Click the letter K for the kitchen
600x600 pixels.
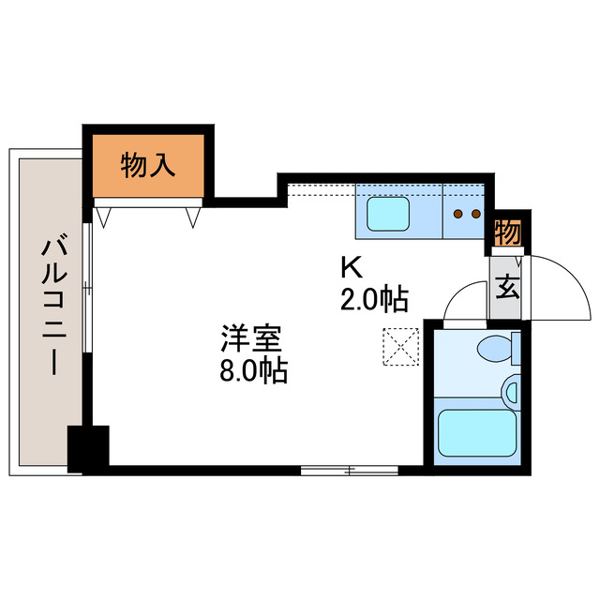(351, 268)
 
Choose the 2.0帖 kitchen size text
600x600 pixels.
(374, 300)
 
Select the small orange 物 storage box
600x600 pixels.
(507, 231)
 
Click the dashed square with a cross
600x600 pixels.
(401, 345)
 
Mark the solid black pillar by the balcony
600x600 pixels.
(88, 447)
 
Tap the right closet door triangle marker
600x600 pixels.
(193, 217)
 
